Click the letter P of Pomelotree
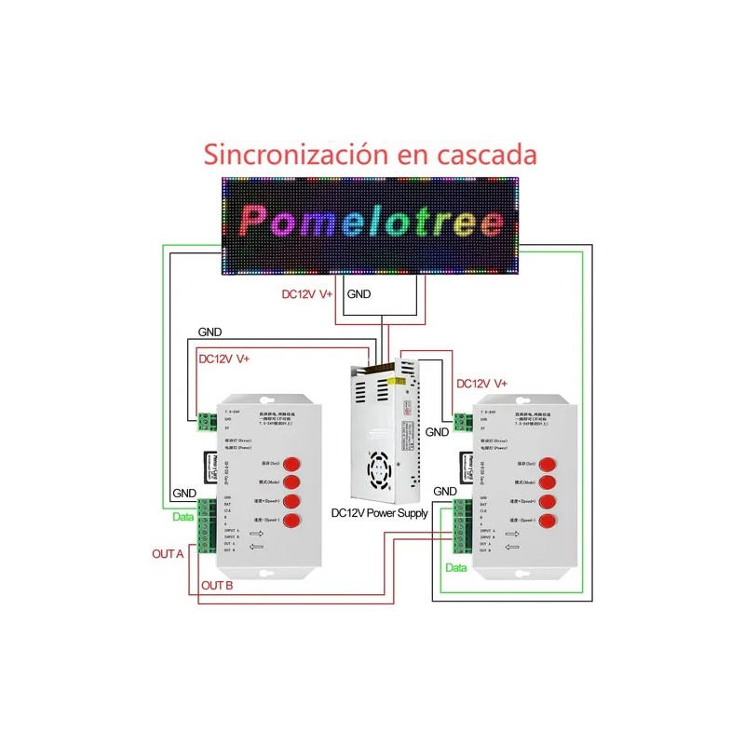tap(255, 221)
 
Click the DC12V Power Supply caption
tap(379, 513)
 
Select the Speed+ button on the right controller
tap(548, 503)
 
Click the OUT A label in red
tap(168, 553)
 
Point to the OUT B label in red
tap(216, 586)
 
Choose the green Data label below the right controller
tap(455, 567)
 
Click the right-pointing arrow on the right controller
tap(510, 535)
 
